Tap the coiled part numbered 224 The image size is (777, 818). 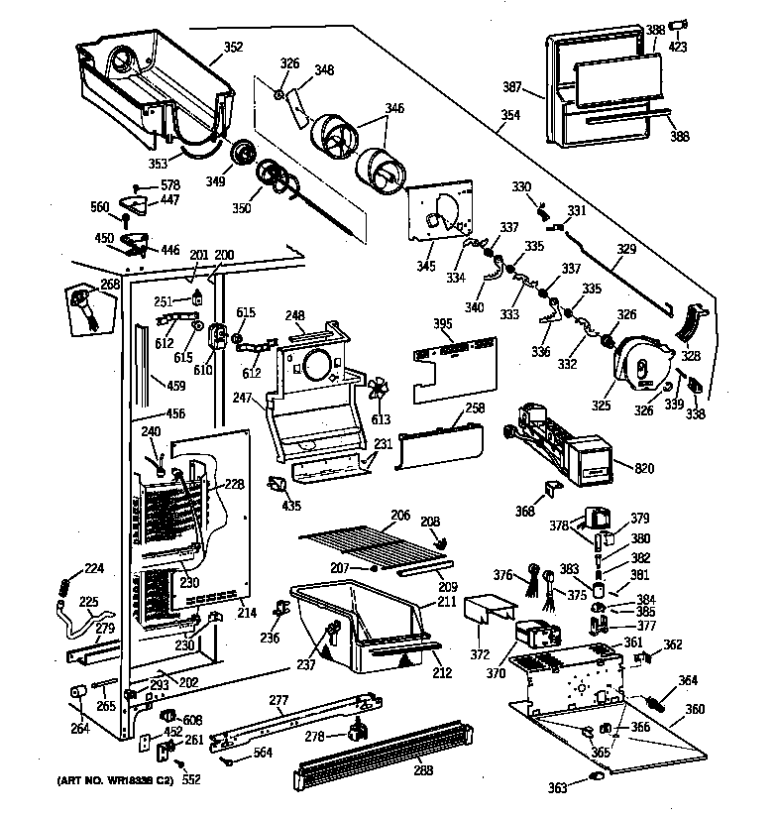tap(65, 589)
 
